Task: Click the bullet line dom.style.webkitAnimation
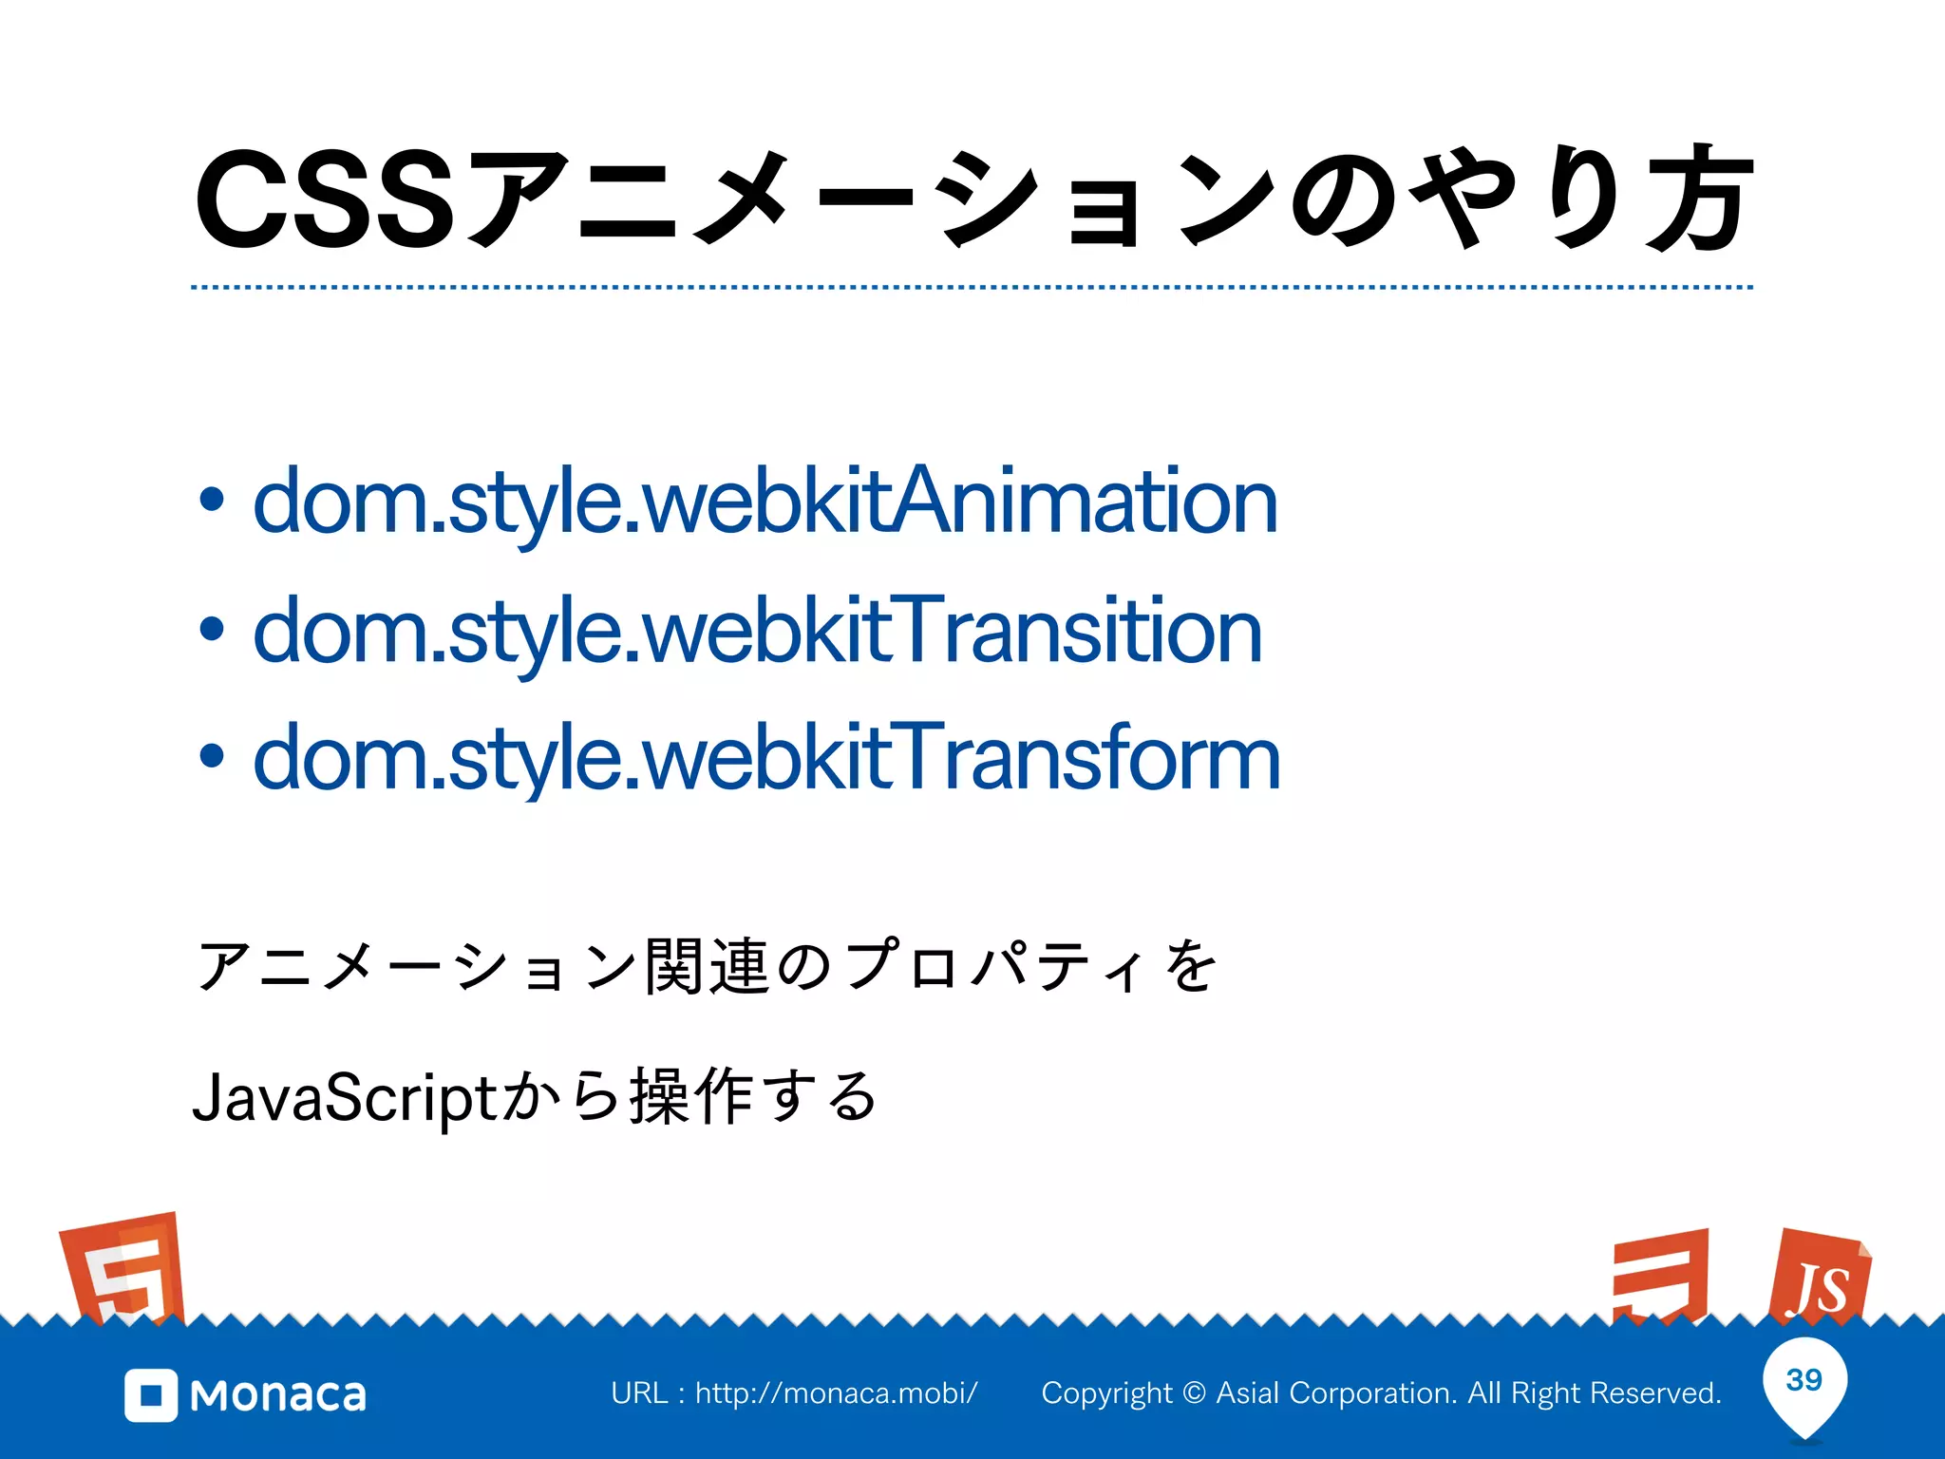[x=765, y=502]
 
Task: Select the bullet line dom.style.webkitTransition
[x=757, y=631]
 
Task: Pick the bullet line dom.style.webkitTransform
[x=765, y=757]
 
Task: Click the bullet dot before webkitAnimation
[x=212, y=501]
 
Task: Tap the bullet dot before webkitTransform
[x=212, y=756]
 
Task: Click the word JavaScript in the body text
[x=344, y=1098]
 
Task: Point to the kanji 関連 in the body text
[x=706, y=967]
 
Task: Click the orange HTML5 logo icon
[x=123, y=1268]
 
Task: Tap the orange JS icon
[x=1819, y=1279]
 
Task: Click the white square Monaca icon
[x=151, y=1395]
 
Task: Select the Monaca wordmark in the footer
[x=278, y=1395]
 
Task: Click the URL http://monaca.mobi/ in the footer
[x=836, y=1393]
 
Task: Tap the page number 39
[x=1803, y=1379]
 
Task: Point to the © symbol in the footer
[x=1195, y=1393]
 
